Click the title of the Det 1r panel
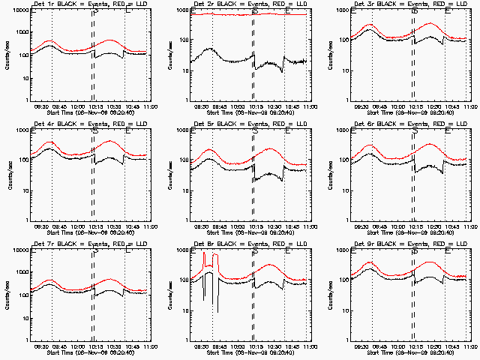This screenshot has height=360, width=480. [80, 5]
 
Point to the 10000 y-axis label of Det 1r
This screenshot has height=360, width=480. [19, 11]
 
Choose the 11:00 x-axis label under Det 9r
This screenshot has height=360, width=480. [469, 346]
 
